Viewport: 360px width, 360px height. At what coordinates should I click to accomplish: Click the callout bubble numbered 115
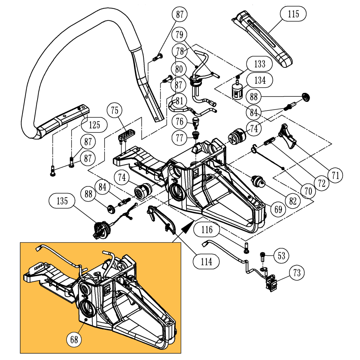tap(293, 15)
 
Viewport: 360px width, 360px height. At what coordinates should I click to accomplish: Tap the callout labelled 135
tap(62, 201)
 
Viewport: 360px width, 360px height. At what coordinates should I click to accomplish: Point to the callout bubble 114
tap(207, 262)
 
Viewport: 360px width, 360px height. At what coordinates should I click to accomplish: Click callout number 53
tap(282, 256)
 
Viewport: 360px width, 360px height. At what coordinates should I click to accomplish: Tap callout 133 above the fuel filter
tap(260, 63)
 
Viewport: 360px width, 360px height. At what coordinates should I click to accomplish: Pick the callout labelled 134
tap(260, 81)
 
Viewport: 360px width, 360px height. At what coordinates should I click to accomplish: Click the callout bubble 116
tap(207, 230)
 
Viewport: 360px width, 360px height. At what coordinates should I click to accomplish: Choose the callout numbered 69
tap(279, 210)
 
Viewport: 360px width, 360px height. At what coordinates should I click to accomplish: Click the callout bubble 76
tap(179, 121)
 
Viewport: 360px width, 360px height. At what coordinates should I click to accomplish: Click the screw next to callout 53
tap(264, 256)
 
